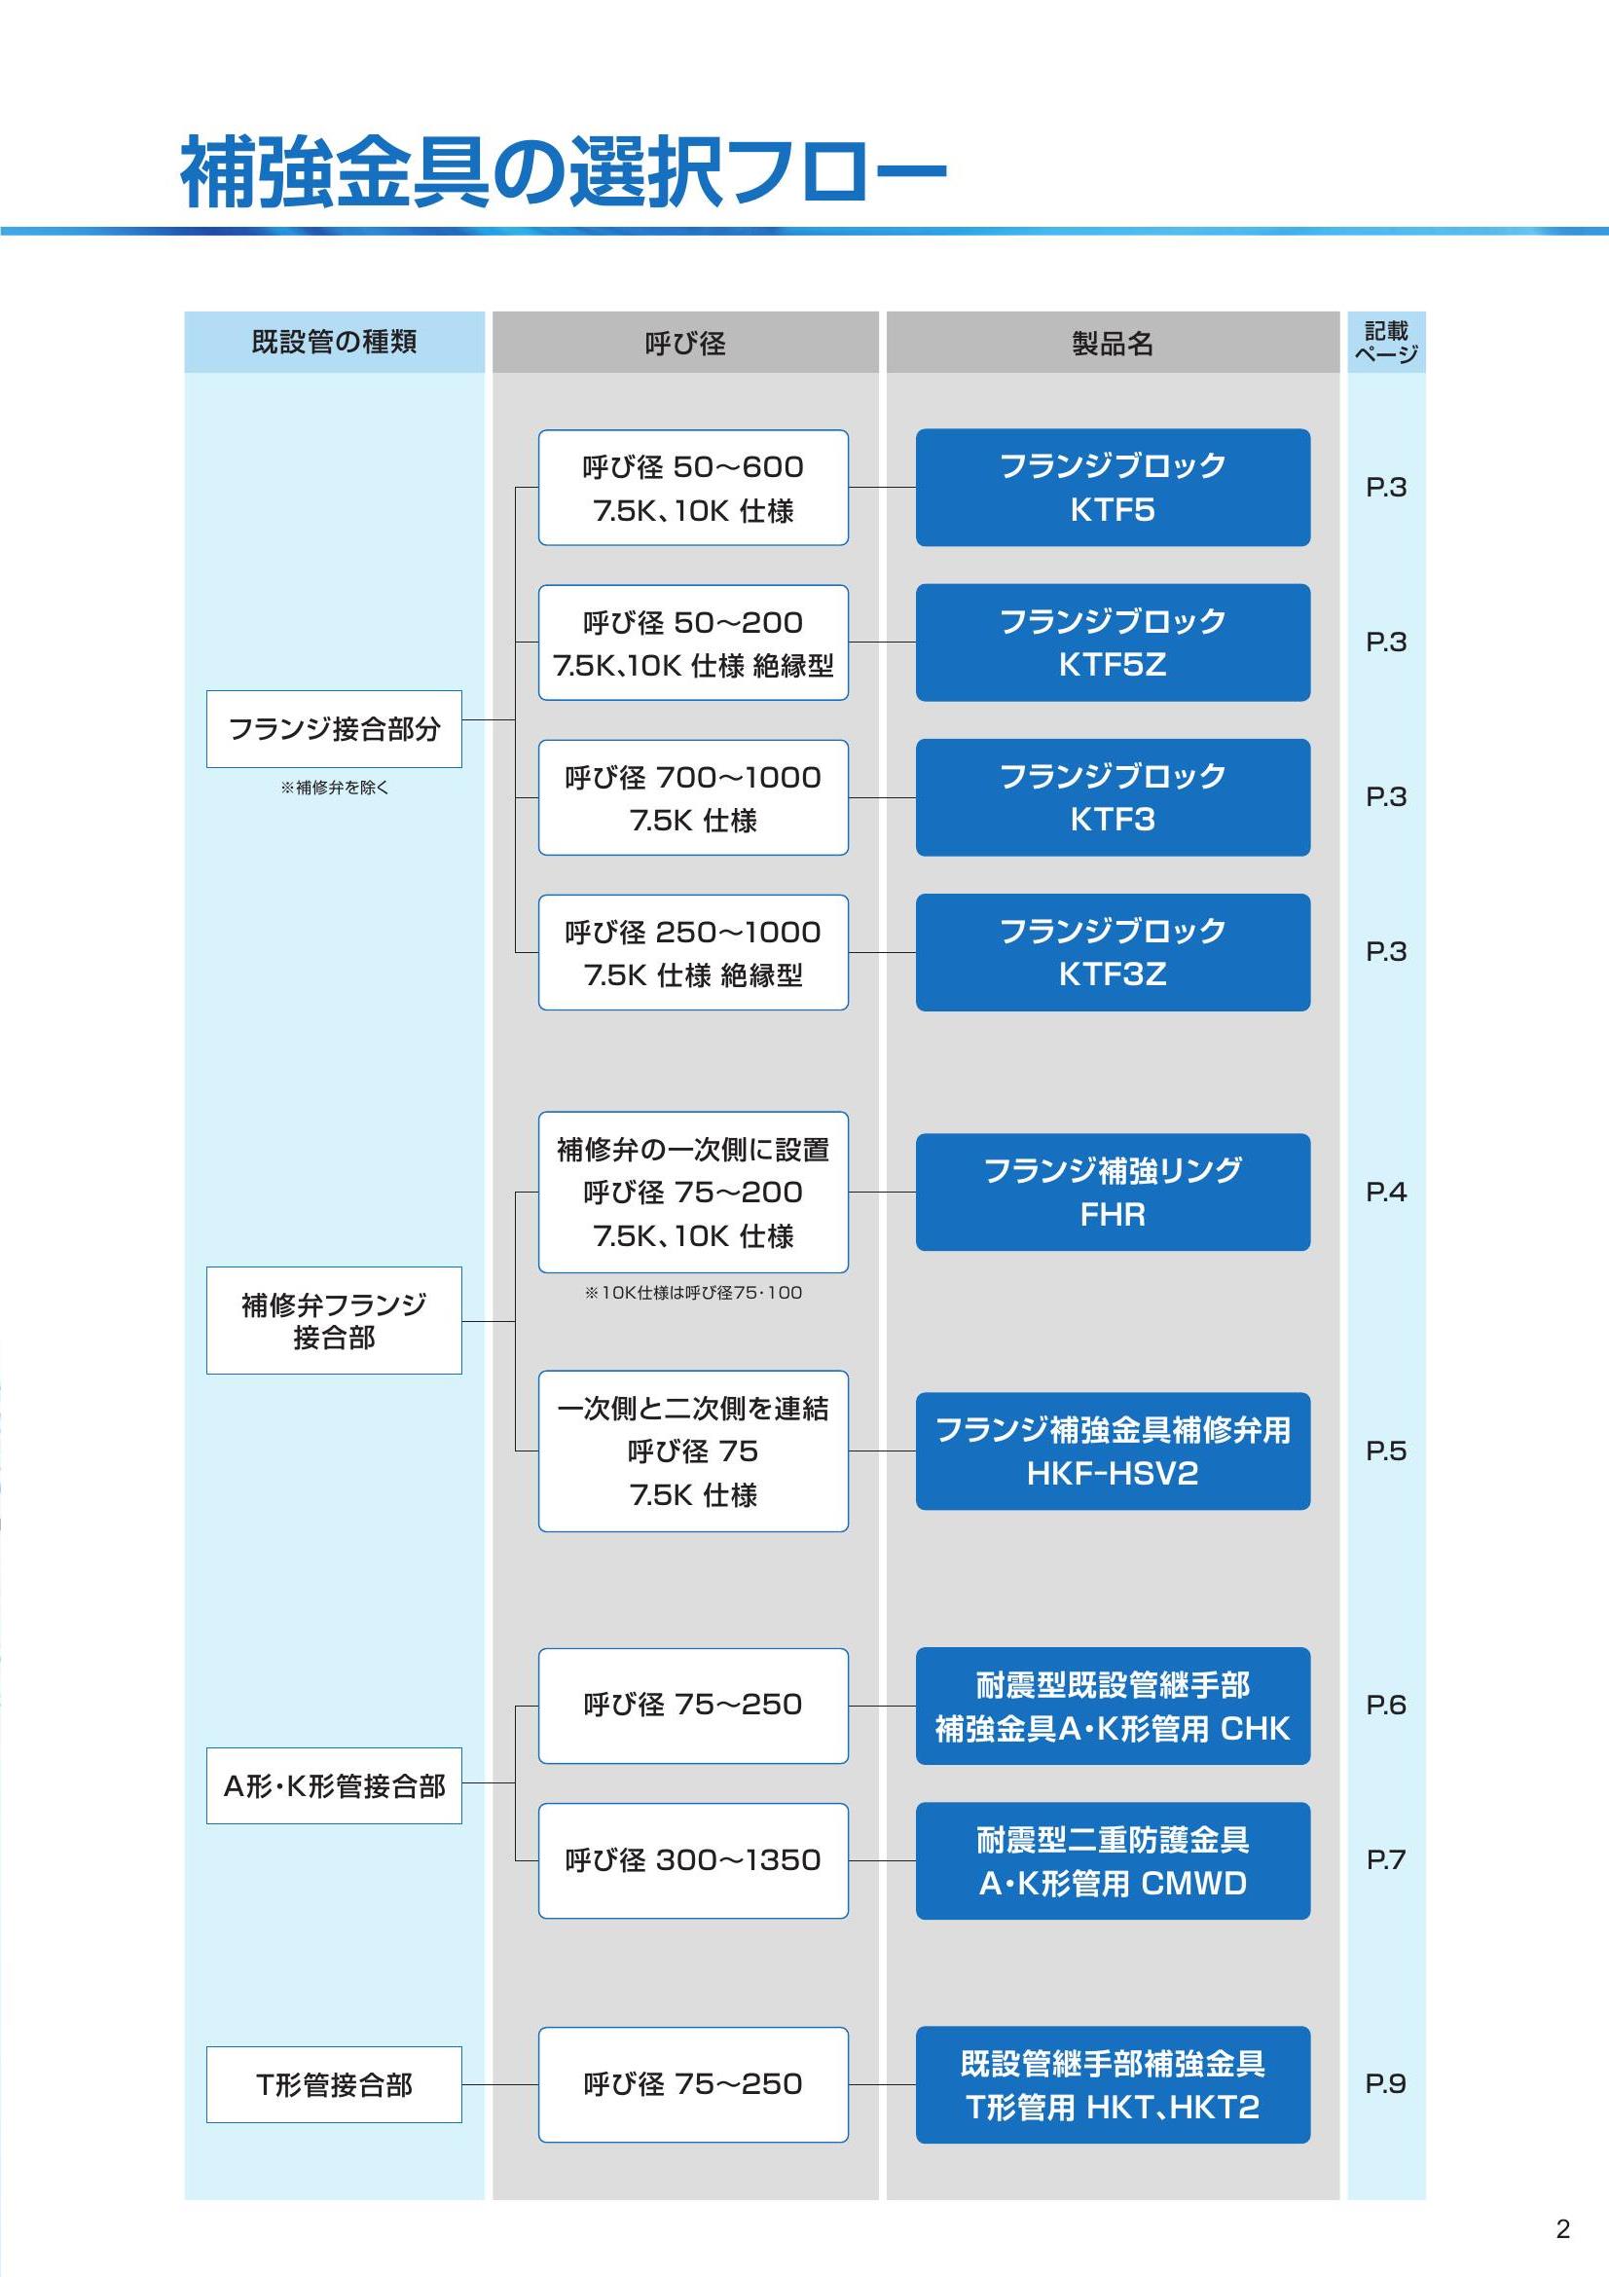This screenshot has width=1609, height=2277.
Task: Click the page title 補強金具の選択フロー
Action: [563, 171]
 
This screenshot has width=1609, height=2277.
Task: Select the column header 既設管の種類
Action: [334, 342]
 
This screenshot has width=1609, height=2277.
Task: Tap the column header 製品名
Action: [1113, 343]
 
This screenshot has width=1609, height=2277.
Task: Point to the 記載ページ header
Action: [1386, 342]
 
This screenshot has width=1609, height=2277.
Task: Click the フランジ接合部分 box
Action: [334, 729]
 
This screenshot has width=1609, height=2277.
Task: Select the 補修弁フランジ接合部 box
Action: [334, 1320]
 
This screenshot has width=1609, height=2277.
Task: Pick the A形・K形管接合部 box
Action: [334, 1786]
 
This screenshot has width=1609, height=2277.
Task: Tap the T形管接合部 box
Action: [334, 2084]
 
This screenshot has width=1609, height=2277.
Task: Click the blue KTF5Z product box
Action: [1113, 643]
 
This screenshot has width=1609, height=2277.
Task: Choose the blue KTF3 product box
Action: [1113, 797]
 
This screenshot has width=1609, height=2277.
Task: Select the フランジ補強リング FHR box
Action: [1113, 1193]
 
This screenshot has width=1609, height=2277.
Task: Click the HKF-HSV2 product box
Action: [1113, 1451]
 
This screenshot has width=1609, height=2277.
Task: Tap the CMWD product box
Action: [1113, 1860]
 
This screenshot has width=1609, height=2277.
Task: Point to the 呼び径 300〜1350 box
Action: [693, 1860]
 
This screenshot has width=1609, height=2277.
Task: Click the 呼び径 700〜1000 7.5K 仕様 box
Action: [693, 797]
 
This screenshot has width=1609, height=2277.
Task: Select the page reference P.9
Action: [1386, 2083]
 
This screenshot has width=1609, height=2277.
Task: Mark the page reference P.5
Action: [1386, 1451]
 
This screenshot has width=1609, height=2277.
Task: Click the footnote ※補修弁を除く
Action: [334, 788]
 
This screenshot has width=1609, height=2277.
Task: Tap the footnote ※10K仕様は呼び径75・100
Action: [693, 1292]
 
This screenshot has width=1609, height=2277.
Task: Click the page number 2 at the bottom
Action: [1562, 2229]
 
